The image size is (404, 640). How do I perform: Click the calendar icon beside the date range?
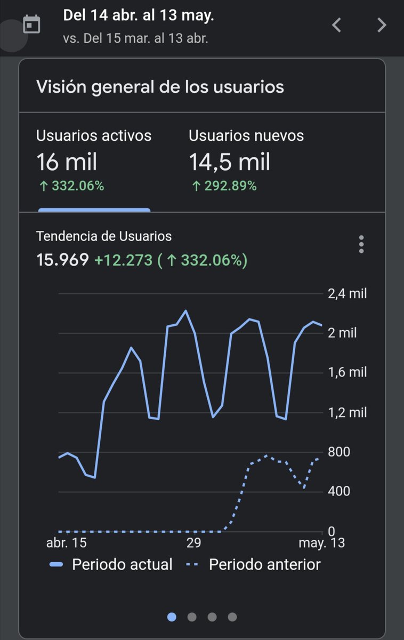coord(31,25)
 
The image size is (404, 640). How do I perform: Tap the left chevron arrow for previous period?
coord(336,25)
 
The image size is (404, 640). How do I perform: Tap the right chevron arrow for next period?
coord(382,25)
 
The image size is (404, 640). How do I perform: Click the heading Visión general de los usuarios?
coord(160,87)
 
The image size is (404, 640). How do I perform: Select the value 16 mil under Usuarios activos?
coord(67,162)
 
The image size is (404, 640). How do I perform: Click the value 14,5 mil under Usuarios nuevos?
coord(229,162)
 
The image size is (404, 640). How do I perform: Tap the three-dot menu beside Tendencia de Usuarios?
coord(361,244)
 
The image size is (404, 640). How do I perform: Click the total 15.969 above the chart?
coord(62,260)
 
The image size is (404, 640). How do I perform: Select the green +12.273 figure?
coord(123,260)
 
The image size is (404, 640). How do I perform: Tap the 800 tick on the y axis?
coord(339,452)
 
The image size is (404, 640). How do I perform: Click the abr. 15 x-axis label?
coord(67,543)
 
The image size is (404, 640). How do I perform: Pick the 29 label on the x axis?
coord(193,543)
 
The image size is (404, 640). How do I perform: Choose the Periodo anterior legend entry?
coord(254,564)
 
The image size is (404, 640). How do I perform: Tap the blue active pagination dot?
coord(172,617)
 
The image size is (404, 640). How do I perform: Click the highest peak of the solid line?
coord(185,310)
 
